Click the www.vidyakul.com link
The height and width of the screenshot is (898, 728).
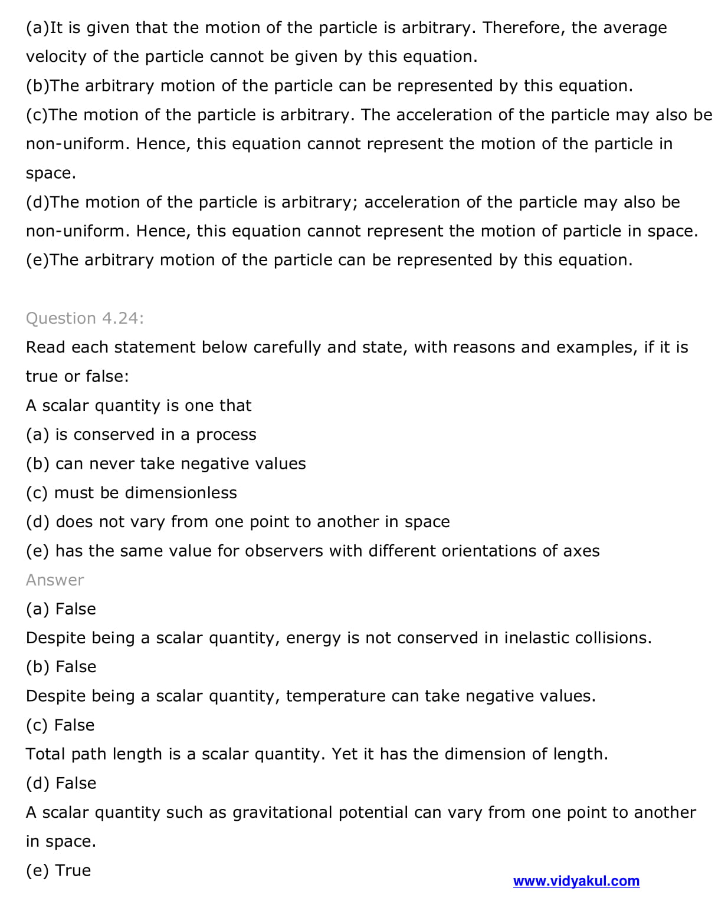[x=576, y=881]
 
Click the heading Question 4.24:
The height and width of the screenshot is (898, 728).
[x=85, y=318]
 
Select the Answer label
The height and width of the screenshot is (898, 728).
[x=55, y=580]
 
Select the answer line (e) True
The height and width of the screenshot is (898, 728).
[x=58, y=870]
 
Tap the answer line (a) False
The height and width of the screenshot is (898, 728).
[x=61, y=609]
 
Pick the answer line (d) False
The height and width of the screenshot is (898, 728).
[x=61, y=784]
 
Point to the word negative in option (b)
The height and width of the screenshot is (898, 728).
[x=211, y=464]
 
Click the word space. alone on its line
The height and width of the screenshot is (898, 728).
[x=51, y=173]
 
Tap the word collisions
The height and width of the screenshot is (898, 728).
[x=614, y=638]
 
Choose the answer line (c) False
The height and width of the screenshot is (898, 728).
[x=60, y=725]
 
